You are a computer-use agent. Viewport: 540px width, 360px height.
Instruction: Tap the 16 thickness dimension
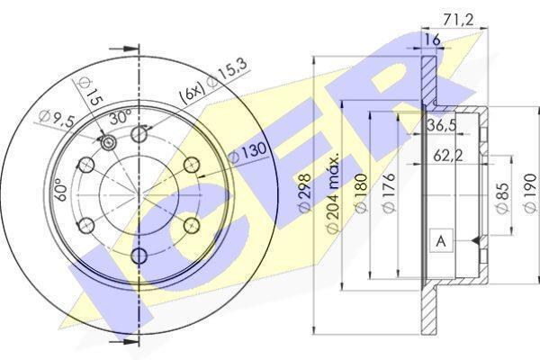pyautogui.click(x=431, y=40)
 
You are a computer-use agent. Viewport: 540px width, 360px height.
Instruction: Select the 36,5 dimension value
pyautogui.click(x=442, y=124)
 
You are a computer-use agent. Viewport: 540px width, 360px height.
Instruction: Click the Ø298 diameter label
pyautogui.click(x=305, y=193)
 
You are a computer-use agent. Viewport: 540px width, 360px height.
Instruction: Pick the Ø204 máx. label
pyautogui.click(x=333, y=193)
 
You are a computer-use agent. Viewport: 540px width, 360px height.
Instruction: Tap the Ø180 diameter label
pyautogui.click(x=361, y=193)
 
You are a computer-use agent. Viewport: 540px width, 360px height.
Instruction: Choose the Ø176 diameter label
pyautogui.click(x=389, y=193)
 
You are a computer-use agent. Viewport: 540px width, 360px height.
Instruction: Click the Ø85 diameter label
pyautogui.click(x=503, y=198)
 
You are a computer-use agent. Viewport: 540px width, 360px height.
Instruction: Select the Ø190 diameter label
pyautogui.click(x=530, y=193)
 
